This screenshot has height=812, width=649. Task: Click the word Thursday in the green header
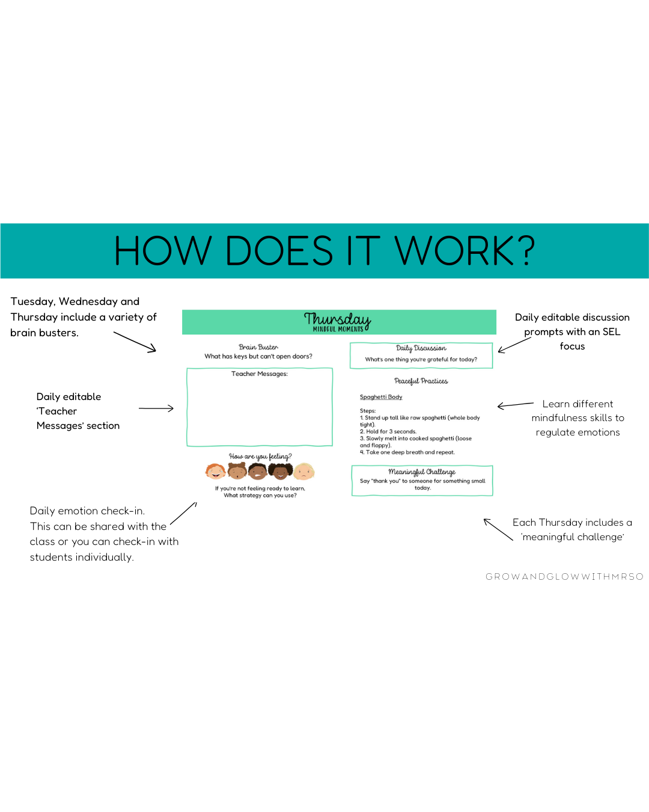(337, 319)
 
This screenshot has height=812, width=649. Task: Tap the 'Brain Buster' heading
(258, 347)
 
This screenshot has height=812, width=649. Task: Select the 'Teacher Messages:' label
(260, 374)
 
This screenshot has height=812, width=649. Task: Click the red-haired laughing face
(215, 471)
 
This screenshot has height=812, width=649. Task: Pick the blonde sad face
(304, 471)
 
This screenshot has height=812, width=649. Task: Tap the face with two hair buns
(237, 471)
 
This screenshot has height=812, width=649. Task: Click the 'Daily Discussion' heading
(421, 348)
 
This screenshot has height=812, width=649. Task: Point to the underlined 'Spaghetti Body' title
(381, 397)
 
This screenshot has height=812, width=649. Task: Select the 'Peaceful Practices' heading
(421, 381)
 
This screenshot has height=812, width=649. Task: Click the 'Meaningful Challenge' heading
(422, 472)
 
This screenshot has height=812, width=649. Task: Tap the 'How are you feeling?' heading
(260, 457)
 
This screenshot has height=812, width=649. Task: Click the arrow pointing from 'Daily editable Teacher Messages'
(156, 408)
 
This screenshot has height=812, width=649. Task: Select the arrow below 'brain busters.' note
(135, 342)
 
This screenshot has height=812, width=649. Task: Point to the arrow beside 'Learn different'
(515, 405)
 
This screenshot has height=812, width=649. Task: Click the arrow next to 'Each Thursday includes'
(498, 529)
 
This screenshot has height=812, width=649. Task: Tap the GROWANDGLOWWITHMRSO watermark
(564, 577)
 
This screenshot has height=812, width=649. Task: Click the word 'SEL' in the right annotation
(611, 332)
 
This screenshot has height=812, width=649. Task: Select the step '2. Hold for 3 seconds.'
(388, 432)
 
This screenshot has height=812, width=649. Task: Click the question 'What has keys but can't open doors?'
(258, 357)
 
